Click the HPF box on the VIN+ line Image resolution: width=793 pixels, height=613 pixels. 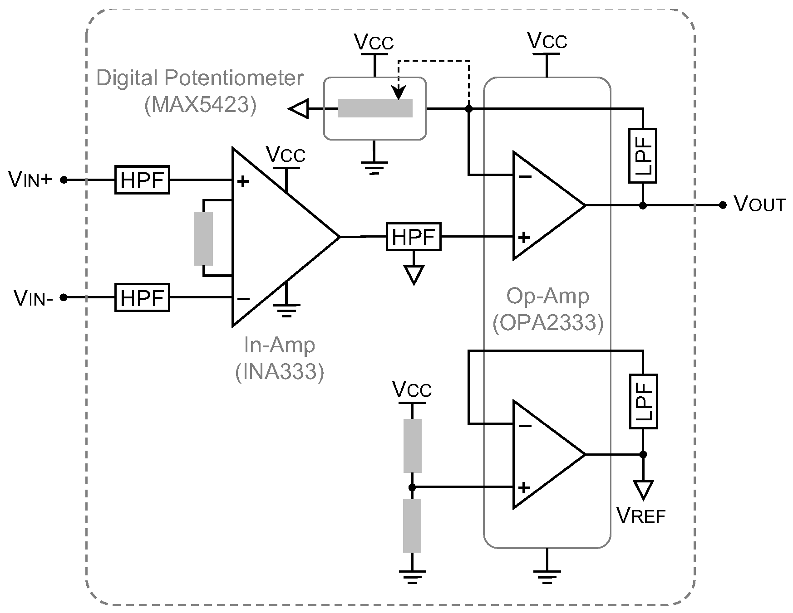click(x=142, y=180)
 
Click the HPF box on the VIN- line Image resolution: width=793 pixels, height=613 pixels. click(x=142, y=297)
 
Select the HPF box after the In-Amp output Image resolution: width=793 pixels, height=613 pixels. click(x=414, y=237)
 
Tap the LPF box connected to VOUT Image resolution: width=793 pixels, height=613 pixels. click(x=643, y=156)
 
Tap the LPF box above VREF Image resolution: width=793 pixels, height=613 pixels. click(x=643, y=402)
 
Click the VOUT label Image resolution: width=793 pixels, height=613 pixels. click(x=759, y=204)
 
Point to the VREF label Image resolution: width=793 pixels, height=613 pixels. click(x=640, y=516)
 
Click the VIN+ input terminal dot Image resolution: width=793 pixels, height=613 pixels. click(x=64, y=180)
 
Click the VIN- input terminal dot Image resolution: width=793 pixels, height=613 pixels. click(x=64, y=297)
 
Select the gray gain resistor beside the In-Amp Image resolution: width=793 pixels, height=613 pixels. click(x=203, y=238)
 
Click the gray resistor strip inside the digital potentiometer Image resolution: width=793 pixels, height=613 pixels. click(x=375, y=108)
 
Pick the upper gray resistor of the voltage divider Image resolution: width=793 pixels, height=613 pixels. click(x=412, y=446)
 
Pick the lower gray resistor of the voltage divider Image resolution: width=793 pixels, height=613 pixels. click(x=412, y=525)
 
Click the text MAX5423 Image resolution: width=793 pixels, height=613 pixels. click(x=200, y=105)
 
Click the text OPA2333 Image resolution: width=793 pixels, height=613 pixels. click(x=548, y=323)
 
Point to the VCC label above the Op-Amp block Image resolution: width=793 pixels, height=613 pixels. click(x=547, y=41)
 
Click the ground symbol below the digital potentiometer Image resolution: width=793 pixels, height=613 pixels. click(x=374, y=167)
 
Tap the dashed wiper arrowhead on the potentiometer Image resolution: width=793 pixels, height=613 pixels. click(x=399, y=94)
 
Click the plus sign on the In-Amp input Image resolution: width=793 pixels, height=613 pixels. click(x=244, y=182)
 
